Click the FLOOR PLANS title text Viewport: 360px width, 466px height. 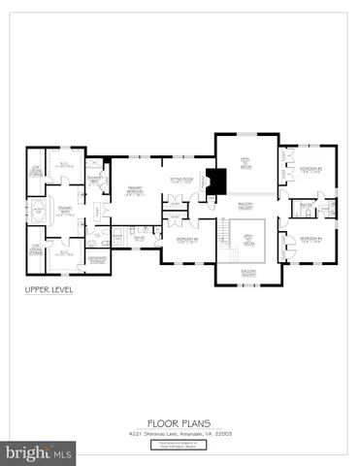click(x=179, y=422)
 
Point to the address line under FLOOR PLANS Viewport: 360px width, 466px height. click(x=179, y=433)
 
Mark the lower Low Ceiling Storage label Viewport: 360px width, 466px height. click(x=34, y=249)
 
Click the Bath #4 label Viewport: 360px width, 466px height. click(x=307, y=205)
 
